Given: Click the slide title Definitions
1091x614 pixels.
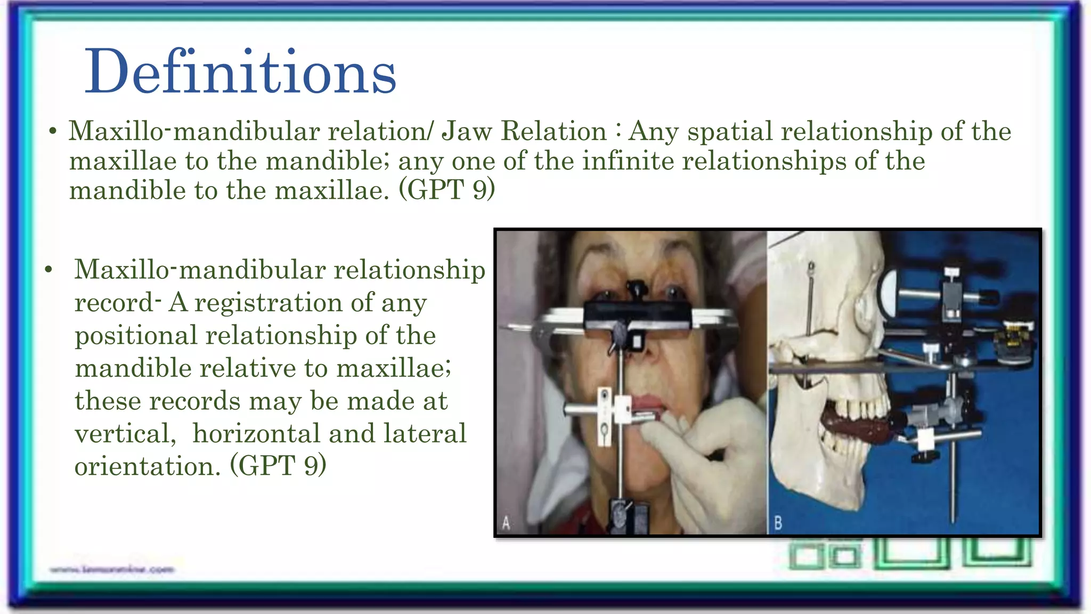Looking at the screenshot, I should (241, 72).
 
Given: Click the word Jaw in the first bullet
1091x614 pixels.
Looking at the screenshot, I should (467, 132).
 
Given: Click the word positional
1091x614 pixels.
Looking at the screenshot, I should (136, 336).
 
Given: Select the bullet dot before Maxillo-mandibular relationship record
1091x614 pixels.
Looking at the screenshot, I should (49, 270).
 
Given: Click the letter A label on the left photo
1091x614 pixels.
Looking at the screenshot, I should (506, 523).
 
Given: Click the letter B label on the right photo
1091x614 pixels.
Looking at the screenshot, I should (778, 523).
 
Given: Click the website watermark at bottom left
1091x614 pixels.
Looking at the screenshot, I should (112, 570).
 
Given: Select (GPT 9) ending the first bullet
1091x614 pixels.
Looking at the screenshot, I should (446, 190).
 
